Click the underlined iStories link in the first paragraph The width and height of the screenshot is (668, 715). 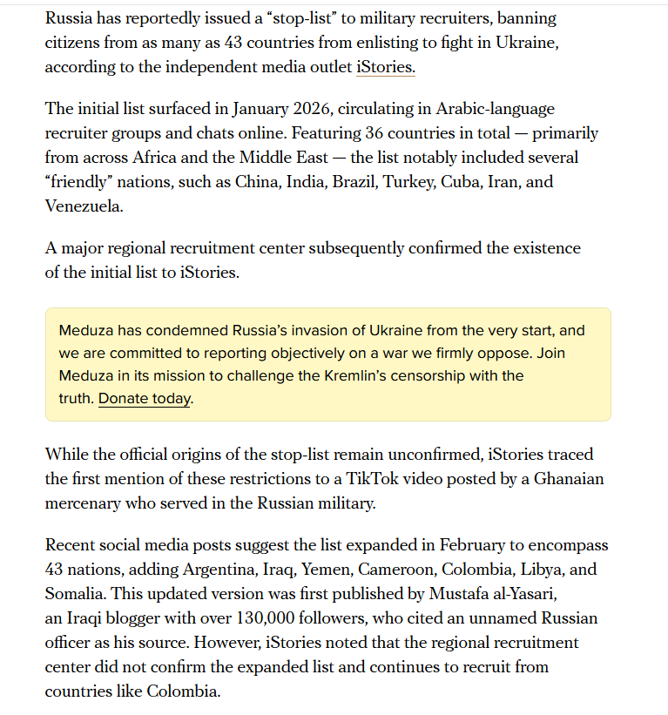385,66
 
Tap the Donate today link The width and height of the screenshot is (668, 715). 145,399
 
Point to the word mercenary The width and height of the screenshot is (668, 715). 85,503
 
